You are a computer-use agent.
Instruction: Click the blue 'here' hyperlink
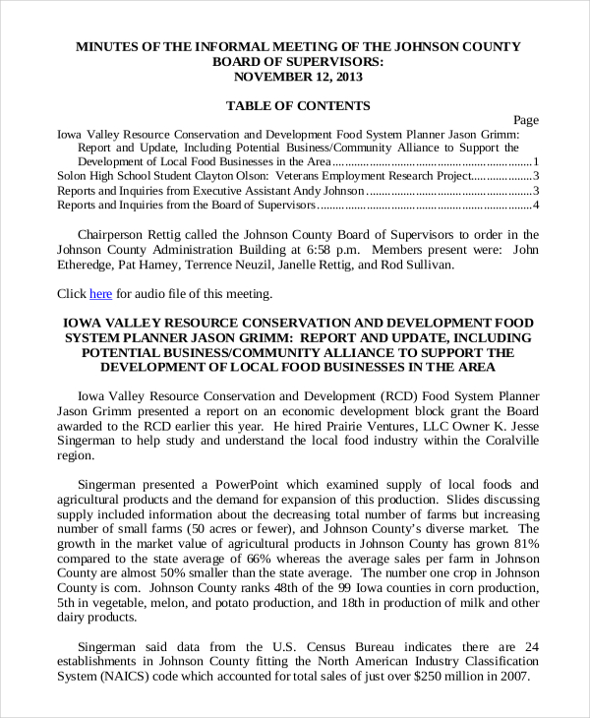[101, 293]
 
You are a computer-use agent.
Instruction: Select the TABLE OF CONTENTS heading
[298, 105]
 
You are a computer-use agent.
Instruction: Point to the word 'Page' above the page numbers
[526, 120]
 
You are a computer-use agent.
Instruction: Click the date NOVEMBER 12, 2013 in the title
[298, 77]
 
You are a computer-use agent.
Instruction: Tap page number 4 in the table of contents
[535, 206]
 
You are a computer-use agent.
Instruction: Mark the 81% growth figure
[525, 544]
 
